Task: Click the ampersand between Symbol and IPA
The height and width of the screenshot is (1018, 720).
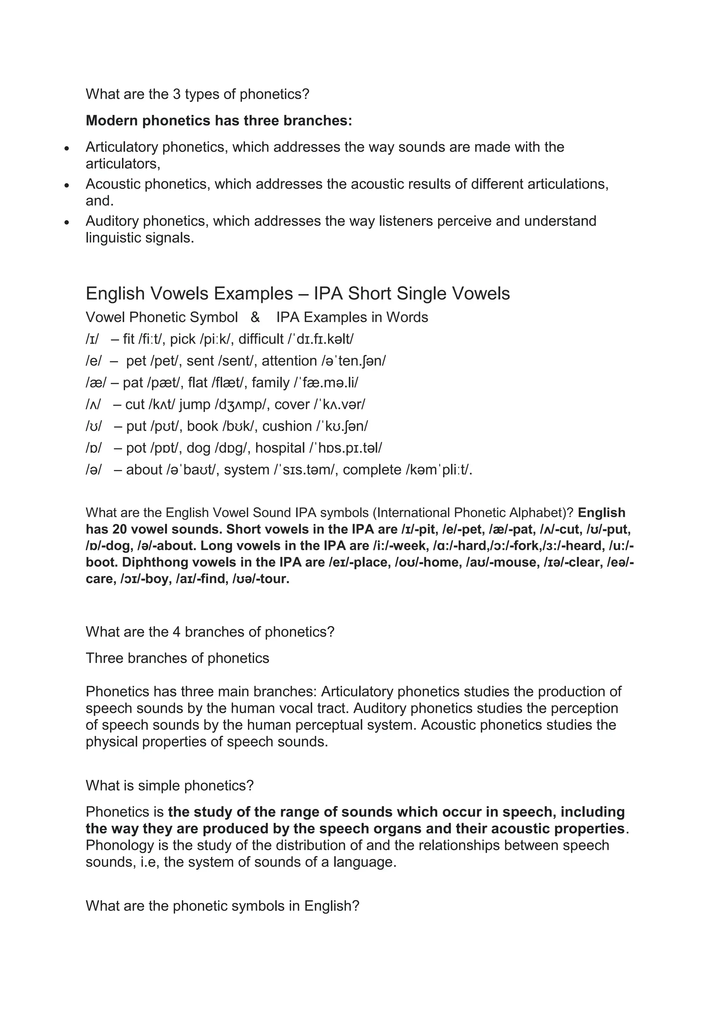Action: point(255,317)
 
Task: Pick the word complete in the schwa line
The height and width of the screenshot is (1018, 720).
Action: point(372,470)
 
